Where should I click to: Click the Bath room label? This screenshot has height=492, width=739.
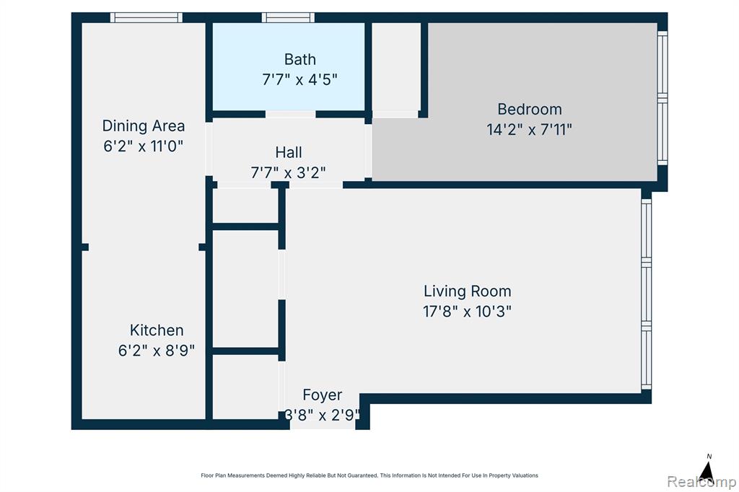(299, 59)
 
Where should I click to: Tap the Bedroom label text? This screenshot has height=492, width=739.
(529, 110)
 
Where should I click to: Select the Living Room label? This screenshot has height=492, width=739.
(467, 291)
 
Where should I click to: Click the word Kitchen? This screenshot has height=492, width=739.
(157, 330)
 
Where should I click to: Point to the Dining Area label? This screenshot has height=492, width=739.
(144, 126)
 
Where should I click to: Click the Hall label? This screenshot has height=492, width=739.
(289, 152)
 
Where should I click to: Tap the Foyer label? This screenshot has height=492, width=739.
(323, 395)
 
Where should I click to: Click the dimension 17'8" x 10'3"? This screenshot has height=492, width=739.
(467, 312)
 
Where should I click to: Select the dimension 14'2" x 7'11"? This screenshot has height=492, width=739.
(529, 129)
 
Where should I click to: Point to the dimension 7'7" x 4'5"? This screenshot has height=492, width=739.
(299, 79)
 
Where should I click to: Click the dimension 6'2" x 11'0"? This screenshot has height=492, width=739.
(144, 146)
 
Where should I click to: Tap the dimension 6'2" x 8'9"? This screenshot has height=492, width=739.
(157, 350)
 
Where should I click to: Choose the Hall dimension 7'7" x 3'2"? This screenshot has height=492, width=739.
(289, 172)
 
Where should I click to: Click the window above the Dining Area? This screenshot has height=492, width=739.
(146, 17)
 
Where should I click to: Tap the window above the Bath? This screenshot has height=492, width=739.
(288, 17)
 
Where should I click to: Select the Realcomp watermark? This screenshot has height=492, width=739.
(701, 481)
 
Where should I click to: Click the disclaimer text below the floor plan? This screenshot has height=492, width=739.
(369, 475)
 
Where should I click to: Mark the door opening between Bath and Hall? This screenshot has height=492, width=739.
(290, 114)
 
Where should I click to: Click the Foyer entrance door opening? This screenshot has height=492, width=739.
(323, 425)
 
